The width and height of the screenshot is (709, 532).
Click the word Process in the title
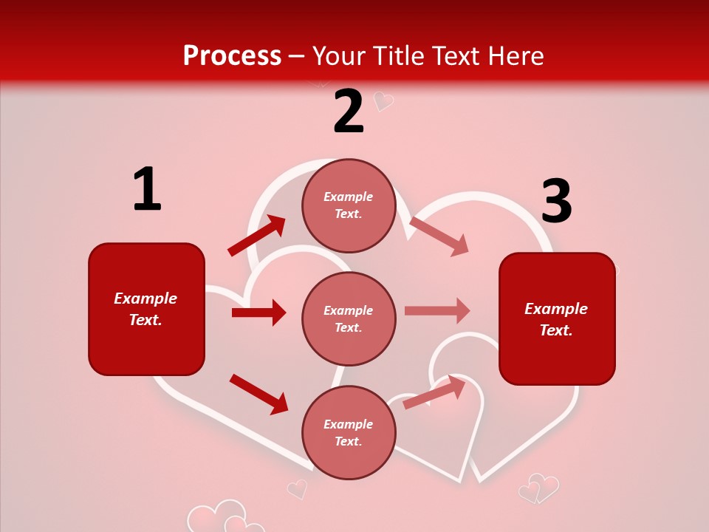[x=232, y=56]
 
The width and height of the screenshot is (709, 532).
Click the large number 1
[x=147, y=190]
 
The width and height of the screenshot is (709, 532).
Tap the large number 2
[x=349, y=112]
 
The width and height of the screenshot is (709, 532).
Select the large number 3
[x=556, y=202]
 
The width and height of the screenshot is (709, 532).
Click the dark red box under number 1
[x=146, y=309]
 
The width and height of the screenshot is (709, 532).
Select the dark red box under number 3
[x=557, y=318]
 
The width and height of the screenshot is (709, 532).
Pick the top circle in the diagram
[x=349, y=205]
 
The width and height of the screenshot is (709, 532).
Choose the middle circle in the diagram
[x=349, y=318]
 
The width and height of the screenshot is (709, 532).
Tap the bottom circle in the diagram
[x=349, y=432]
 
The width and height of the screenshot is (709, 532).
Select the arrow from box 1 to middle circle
[x=258, y=313]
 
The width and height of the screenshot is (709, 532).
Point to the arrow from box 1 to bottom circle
[x=258, y=394]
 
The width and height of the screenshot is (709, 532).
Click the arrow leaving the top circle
[x=439, y=236]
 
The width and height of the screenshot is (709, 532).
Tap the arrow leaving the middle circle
[x=437, y=311]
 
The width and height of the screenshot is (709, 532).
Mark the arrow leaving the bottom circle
[x=434, y=392]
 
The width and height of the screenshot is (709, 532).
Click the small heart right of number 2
[x=383, y=100]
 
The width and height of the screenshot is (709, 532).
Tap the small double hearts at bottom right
[x=538, y=488]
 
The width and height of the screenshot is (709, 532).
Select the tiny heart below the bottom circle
[x=297, y=488]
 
